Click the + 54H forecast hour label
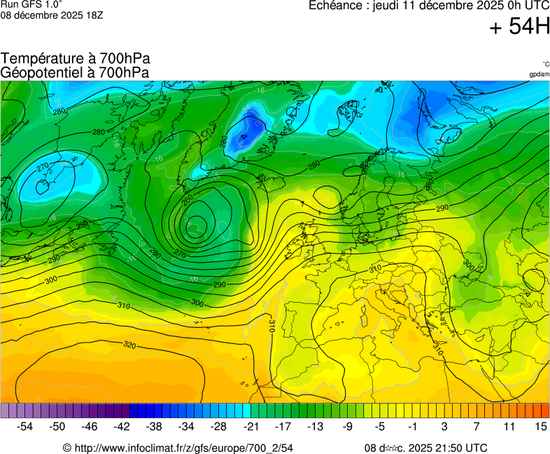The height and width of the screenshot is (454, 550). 519,27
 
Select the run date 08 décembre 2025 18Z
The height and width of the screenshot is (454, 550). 52,15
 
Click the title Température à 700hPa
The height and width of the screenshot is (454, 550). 76,59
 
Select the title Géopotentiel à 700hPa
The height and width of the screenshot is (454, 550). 75,72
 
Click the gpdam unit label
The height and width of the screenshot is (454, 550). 539,74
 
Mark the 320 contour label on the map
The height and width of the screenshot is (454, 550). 129,345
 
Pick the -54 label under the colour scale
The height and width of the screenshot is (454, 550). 24,426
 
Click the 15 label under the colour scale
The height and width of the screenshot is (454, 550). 540,426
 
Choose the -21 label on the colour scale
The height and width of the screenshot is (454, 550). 251,426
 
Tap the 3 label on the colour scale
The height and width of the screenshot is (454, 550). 444,426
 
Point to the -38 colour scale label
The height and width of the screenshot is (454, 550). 154,426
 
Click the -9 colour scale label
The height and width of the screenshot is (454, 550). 347,426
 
